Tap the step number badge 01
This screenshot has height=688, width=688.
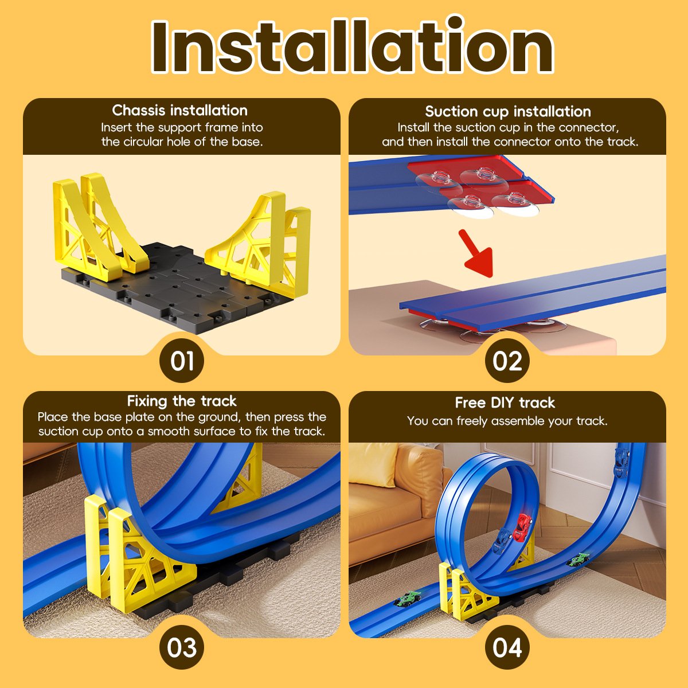(182, 361)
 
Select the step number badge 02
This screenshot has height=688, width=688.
(507, 361)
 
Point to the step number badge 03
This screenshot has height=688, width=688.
(182, 648)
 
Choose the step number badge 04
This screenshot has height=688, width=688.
(507, 648)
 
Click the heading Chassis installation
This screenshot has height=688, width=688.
(180, 110)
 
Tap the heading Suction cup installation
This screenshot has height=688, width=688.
(507, 111)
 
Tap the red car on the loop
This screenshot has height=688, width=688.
(523, 527)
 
